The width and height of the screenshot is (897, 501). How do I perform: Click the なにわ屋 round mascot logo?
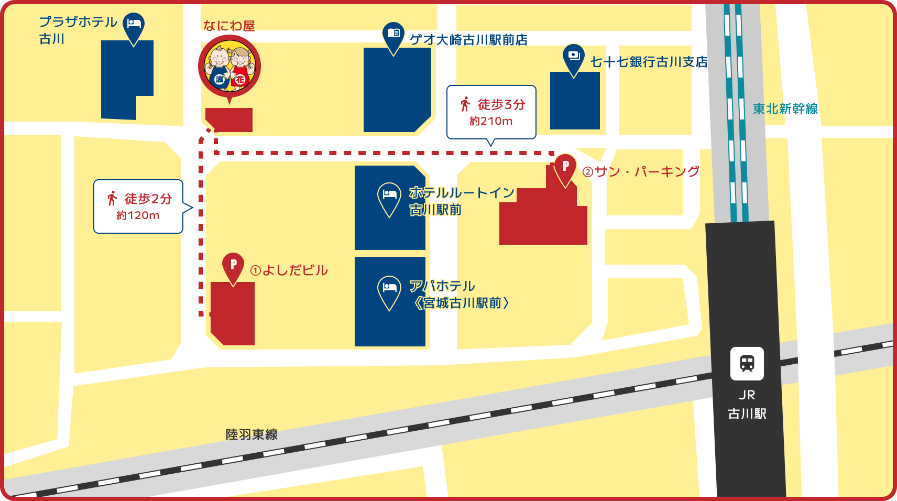pos(229,66)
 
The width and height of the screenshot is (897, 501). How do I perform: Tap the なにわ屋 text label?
pos(229,26)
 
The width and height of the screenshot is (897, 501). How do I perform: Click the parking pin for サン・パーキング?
pos(565,168)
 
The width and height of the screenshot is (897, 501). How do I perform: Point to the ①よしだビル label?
pos(289,270)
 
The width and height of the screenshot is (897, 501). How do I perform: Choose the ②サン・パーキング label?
pos(641,172)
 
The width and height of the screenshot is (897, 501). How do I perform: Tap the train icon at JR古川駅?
pos(747,363)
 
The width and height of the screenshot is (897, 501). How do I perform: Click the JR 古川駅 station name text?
pos(747,405)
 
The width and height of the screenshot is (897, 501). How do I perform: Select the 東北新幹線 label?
pos(785,109)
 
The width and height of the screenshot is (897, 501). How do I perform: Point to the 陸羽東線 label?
pos(251,434)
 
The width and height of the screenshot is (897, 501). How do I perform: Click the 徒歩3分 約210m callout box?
pos(491,112)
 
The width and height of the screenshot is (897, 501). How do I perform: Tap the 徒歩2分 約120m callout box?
pos(138,206)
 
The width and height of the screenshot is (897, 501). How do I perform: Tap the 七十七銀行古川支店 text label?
pos(649,62)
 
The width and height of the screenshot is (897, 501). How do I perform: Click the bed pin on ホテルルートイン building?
pos(389,197)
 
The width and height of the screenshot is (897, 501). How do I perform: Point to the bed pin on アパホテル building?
pos(389,290)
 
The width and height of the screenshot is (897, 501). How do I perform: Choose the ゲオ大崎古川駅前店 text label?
pos(468,40)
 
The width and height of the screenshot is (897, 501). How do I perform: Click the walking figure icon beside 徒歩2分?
pos(112,199)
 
